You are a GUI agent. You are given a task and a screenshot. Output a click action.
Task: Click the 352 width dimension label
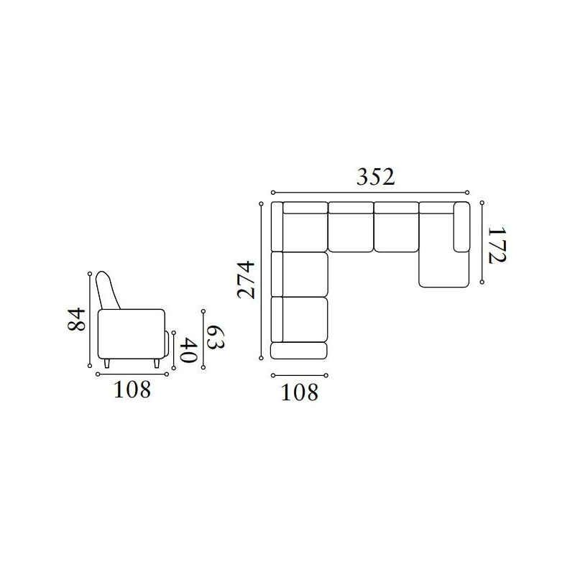click(x=375, y=177)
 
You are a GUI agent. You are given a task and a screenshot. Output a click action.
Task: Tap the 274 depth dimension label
click(x=246, y=280)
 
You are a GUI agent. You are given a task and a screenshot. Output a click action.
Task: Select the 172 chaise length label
click(x=497, y=245)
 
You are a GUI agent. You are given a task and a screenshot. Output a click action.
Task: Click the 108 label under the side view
click(x=132, y=390)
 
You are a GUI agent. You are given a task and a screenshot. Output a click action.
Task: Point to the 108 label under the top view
click(x=299, y=392)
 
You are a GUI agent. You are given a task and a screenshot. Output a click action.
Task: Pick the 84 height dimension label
click(x=77, y=320)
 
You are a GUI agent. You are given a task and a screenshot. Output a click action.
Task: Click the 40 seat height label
click(x=190, y=350)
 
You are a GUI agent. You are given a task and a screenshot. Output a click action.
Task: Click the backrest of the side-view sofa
click(x=107, y=290)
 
